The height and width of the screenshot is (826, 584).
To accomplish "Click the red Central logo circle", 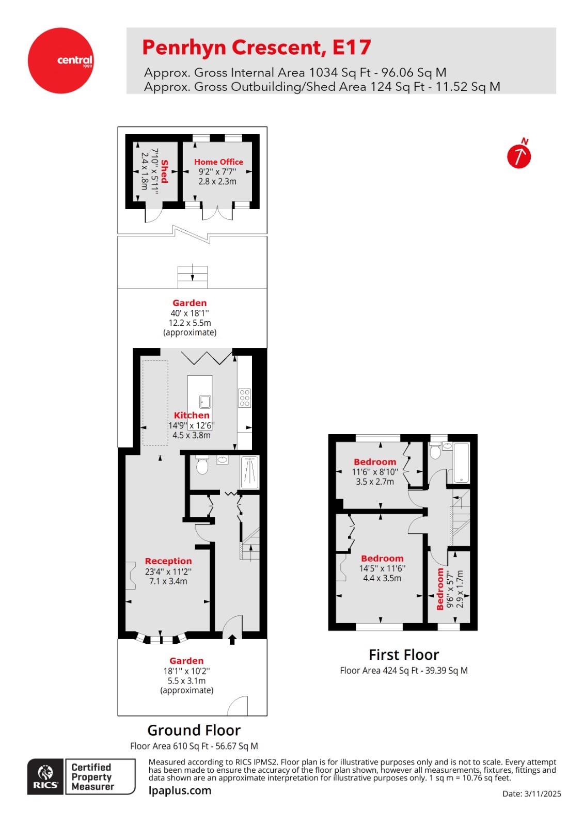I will click(x=61, y=60).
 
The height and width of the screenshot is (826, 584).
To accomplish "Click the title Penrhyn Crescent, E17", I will click(x=256, y=47).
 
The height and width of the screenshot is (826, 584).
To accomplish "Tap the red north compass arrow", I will click(x=518, y=156).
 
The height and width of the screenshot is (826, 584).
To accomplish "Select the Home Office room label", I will click(x=218, y=162).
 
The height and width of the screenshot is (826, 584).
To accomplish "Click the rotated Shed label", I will click(x=165, y=171).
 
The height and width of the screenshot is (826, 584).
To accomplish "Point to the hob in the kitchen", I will click(x=244, y=398).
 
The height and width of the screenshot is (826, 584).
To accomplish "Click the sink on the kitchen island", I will click(x=205, y=401).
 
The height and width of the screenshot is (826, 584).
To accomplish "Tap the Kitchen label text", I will click(x=192, y=415).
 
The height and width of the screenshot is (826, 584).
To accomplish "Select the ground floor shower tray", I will click(x=250, y=472).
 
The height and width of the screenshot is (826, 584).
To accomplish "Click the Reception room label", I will click(x=168, y=561).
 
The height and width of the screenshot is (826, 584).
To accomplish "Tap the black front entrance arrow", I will click(x=232, y=639).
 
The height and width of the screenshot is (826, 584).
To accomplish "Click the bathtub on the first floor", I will click(x=461, y=463).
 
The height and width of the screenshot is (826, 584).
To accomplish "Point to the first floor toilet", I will click(x=435, y=451).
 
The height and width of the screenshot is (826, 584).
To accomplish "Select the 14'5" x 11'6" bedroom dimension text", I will click(x=382, y=568).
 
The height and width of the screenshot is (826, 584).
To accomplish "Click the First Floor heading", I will click(x=403, y=655).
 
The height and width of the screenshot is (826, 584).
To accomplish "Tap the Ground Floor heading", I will click(x=194, y=730).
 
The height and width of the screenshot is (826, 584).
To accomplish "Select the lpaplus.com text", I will click(x=180, y=790).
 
